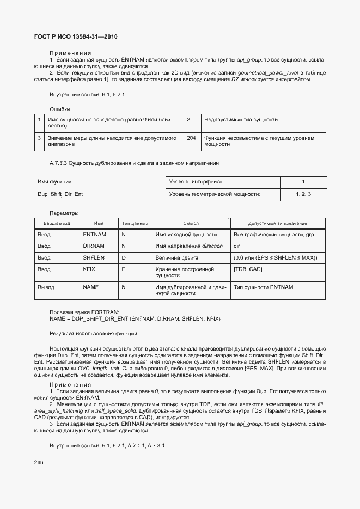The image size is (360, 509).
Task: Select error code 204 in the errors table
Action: click(191, 138)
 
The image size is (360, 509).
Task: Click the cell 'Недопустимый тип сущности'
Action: click(240, 119)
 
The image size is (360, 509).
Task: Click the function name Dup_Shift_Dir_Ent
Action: click(60, 194)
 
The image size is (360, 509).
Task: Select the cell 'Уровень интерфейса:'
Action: click(197, 182)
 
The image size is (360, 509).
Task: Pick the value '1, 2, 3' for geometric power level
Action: click(303, 194)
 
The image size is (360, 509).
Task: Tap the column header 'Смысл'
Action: click(191, 223)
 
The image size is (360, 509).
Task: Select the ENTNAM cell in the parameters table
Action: click(94, 234)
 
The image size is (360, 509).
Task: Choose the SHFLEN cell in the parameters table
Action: click(94, 257)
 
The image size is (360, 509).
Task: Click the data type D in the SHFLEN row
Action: click(123, 257)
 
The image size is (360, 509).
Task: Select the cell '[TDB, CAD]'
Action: click(248, 269)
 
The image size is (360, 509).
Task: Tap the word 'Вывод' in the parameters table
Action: click(46, 287)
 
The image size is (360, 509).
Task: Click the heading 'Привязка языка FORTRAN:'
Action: click(80, 312)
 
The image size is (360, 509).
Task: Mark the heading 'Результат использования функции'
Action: click(93, 333)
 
